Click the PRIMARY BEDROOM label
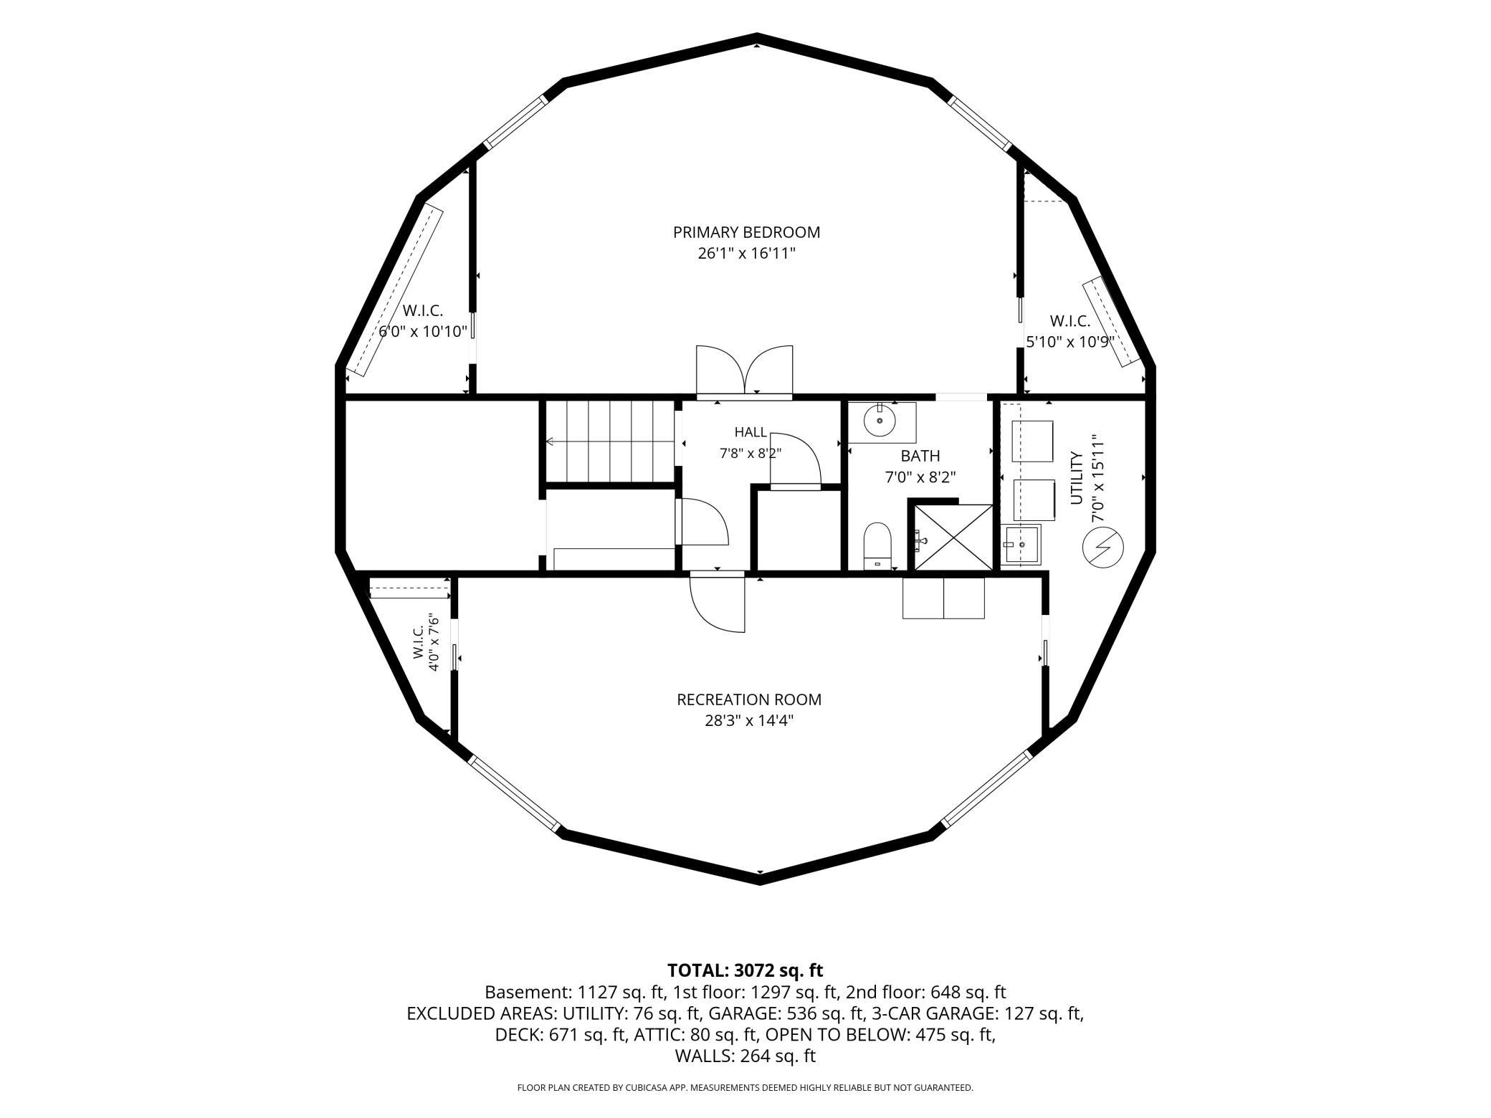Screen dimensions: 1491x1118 point(746,232)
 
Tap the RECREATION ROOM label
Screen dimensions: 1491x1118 point(749,699)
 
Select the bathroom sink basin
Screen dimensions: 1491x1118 point(880,421)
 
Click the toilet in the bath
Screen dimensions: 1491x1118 point(877,546)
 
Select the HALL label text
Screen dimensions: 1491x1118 point(751,432)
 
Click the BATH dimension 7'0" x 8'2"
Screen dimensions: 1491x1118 point(920,477)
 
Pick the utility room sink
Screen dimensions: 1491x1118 point(1021,545)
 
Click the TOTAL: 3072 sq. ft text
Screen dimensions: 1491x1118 point(745,970)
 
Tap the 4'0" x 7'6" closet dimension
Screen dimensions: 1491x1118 point(433,641)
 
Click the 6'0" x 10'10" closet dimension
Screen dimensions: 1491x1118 point(423,332)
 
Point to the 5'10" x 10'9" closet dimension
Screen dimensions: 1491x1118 point(1070,343)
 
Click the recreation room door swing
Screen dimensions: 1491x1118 point(718,604)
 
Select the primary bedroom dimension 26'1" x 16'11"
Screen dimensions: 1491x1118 point(746,254)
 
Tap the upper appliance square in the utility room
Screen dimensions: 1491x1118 point(1032,441)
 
